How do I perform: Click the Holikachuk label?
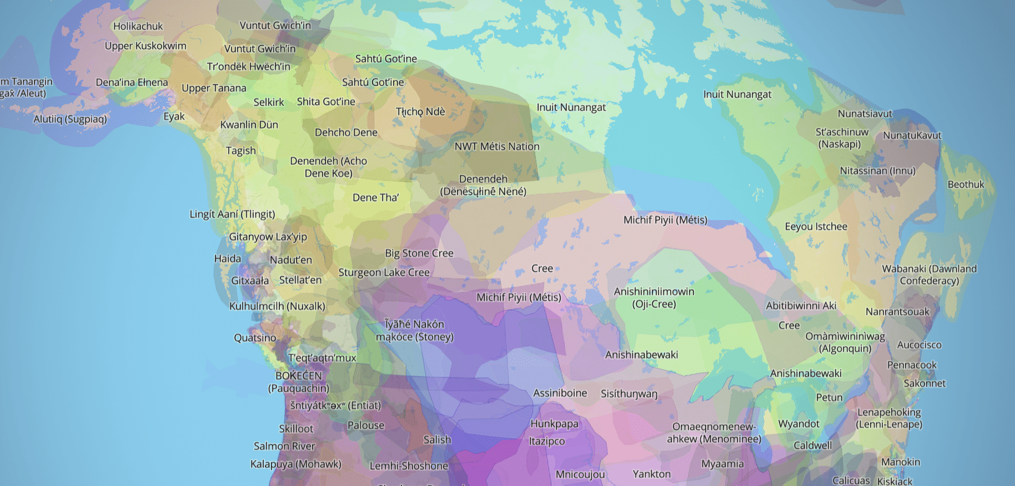[138, 26]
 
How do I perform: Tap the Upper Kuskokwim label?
[145, 46]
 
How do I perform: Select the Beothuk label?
[966, 185]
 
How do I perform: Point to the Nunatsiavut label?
[865, 114]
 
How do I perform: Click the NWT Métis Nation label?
[497, 146]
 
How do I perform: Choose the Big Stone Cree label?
[419, 254]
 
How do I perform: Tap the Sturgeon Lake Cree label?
[384, 272]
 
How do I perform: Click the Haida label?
[228, 259]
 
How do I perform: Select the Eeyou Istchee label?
[816, 226]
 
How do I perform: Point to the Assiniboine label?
[560, 393]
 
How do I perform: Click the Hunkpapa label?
[554, 424]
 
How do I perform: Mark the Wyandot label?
[798, 424]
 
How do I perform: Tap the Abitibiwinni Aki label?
[801, 306]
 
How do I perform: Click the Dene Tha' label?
[375, 198]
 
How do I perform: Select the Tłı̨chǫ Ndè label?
[420, 112]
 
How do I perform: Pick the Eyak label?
[174, 117]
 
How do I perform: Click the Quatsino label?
[255, 338]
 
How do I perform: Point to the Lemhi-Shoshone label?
[409, 466]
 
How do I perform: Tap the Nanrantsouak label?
[897, 312]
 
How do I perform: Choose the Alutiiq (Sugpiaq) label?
[70, 119]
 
